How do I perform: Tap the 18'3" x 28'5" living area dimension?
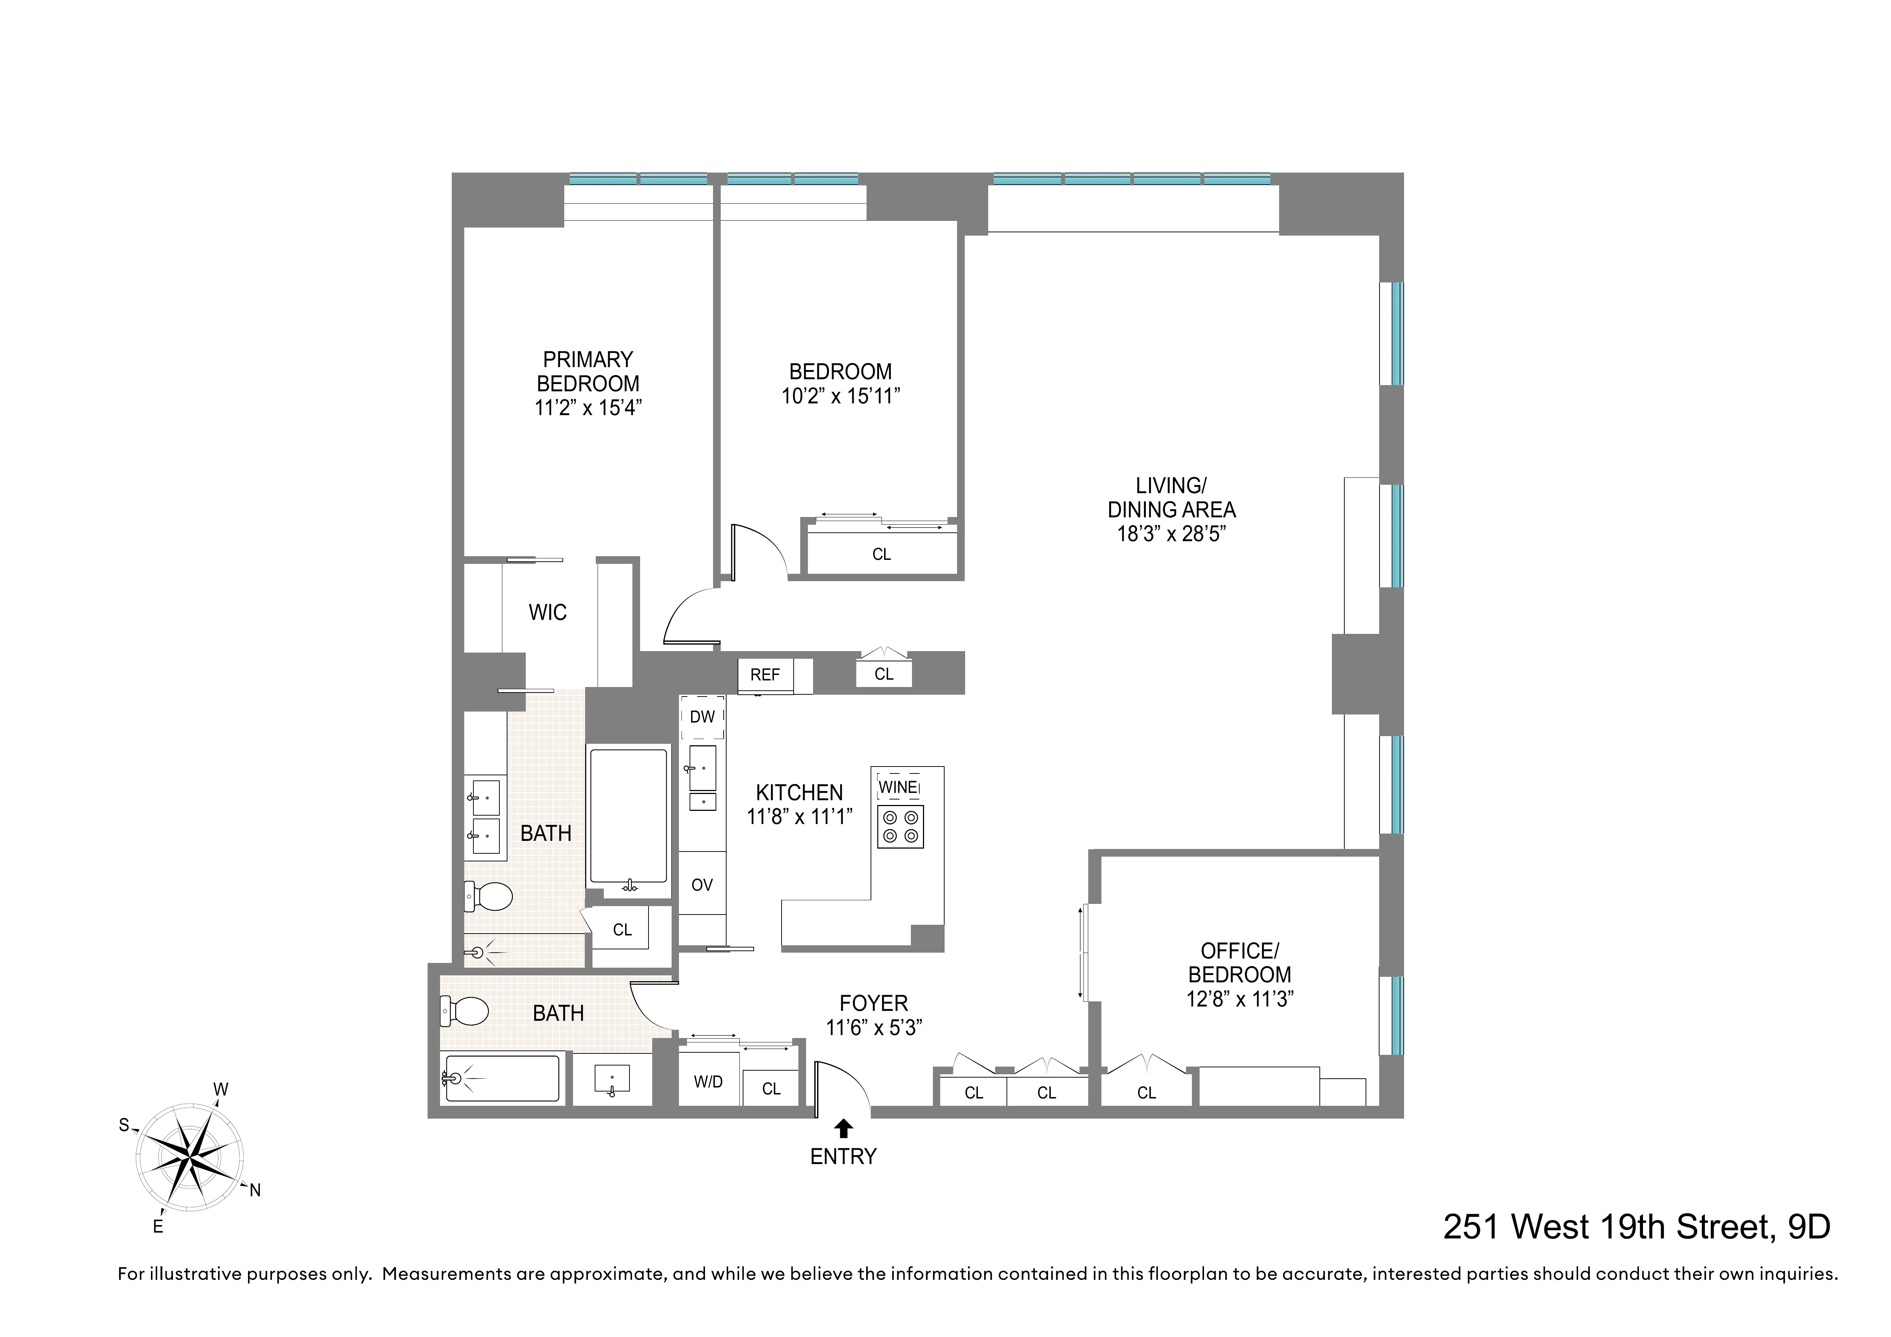coord(1171,534)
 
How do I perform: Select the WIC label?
coord(548,612)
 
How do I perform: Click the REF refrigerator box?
coord(765,675)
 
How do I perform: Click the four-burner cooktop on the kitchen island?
coord(900,826)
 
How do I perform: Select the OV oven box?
coord(702,885)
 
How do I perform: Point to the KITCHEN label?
coord(799,793)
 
